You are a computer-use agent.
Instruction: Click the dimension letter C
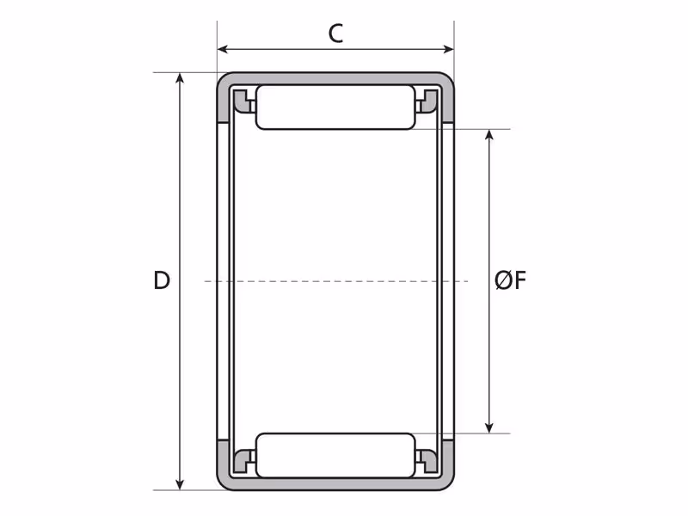335,34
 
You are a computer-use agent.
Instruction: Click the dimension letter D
162,280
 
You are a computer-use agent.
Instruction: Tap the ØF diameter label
510,280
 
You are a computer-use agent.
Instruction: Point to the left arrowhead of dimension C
223,49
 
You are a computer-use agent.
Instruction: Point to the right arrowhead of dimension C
449,49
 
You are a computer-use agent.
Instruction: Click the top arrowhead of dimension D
180,78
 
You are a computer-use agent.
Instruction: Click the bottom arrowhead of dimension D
180,484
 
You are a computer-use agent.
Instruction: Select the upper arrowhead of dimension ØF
489,135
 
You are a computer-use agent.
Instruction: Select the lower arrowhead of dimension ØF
489,427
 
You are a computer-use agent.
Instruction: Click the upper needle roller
335,107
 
